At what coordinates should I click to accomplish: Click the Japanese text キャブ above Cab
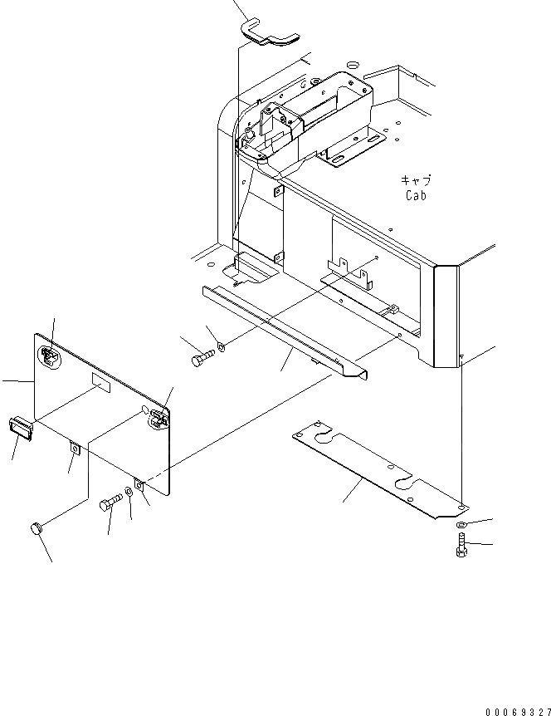[x=417, y=180]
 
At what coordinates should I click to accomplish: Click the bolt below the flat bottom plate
[x=461, y=549]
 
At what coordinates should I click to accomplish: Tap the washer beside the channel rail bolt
[x=221, y=347]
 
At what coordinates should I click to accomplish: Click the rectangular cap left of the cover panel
[x=22, y=427]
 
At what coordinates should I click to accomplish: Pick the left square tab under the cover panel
[x=76, y=449]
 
